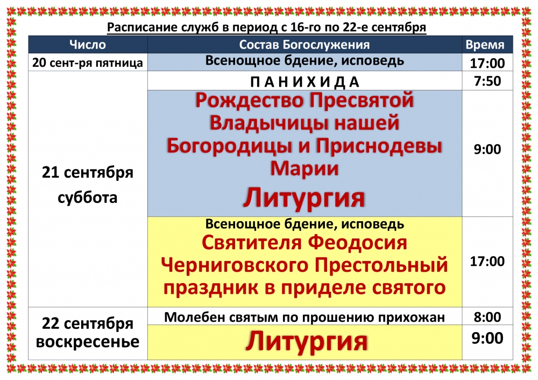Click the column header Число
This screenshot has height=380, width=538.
tap(88, 45)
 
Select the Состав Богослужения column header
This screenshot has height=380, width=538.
tap(305, 45)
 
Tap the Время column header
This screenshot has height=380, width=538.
tap(485, 45)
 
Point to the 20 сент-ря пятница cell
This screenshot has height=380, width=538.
tap(88, 63)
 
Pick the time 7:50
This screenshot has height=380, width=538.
tap(487, 81)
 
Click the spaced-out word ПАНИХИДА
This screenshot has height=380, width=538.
tap(305, 82)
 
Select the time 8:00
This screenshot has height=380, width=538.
tap(487, 316)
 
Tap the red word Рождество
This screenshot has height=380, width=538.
tap(250, 100)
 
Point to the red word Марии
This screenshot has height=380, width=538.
tap(305, 168)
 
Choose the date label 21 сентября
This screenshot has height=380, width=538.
tap(88, 172)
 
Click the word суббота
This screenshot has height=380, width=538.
tap(88, 198)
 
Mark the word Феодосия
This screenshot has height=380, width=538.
tap(357, 242)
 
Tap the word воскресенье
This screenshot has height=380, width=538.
tap(88, 342)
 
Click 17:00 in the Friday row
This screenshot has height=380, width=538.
tap(487, 63)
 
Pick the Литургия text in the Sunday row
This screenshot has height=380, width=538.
tap(307, 341)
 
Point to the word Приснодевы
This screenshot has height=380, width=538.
tap(379, 145)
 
